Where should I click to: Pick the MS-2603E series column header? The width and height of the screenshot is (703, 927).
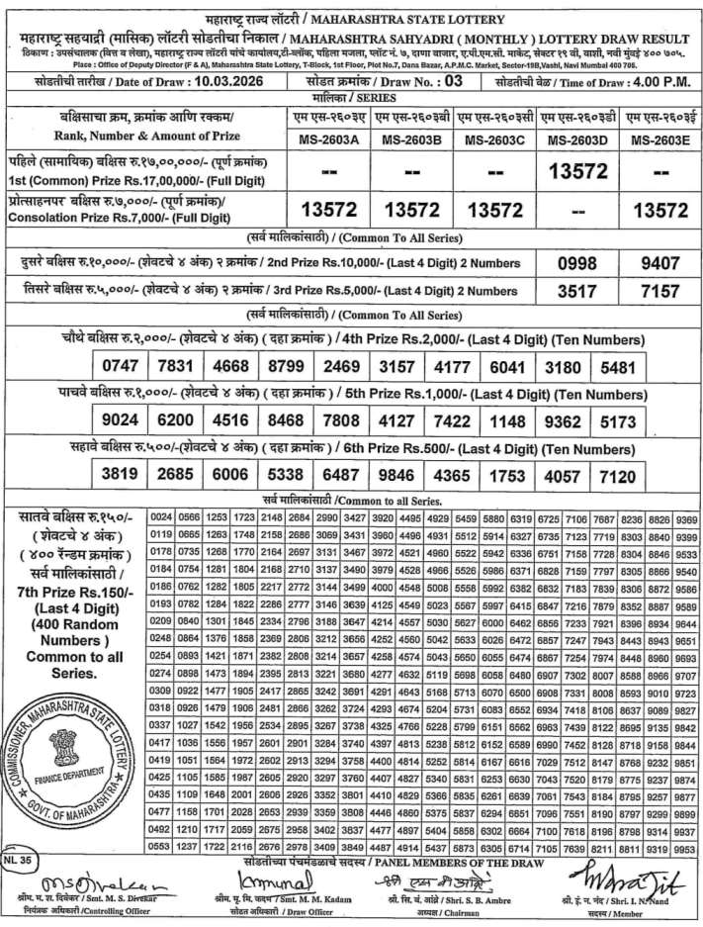[659, 139]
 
